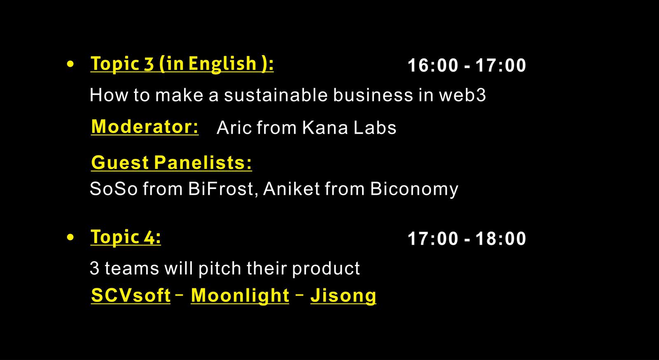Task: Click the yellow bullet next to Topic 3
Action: (x=70, y=64)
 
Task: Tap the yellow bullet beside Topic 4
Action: (x=70, y=237)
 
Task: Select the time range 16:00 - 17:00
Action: (x=467, y=65)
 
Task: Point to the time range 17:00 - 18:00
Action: (x=467, y=238)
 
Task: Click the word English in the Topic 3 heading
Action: (x=223, y=64)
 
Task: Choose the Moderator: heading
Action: (x=145, y=127)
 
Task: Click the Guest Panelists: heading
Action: (x=171, y=162)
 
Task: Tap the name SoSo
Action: (x=114, y=189)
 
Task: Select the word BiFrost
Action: (x=221, y=189)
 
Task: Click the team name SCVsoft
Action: (x=131, y=295)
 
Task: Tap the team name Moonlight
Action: (x=240, y=296)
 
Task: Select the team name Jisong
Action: (x=344, y=296)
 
